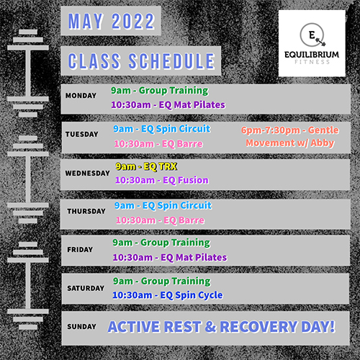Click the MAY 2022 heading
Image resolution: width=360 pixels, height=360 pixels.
pyautogui.click(x=111, y=21)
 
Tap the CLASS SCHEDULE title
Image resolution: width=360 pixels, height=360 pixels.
pyautogui.click(x=141, y=61)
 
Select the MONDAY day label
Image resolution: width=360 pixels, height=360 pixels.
pyautogui.click(x=81, y=96)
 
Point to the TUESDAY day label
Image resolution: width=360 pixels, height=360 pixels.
pyautogui.click(x=82, y=134)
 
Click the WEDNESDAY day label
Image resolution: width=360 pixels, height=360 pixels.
pyautogui.click(x=87, y=173)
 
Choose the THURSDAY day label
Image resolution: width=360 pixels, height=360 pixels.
pyautogui.click(x=86, y=211)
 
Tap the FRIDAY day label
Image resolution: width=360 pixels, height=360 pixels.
pyautogui.click(x=80, y=250)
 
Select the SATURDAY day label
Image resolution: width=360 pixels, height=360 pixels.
pyautogui.click(x=86, y=288)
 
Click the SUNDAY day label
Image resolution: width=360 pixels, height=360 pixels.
pyautogui.click(x=81, y=327)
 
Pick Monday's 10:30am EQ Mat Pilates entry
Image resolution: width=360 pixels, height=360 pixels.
pyautogui.click(x=168, y=105)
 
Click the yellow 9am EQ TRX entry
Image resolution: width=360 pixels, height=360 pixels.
pyautogui.click(x=146, y=166)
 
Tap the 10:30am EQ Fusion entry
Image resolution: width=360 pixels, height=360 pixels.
pyautogui.click(x=162, y=180)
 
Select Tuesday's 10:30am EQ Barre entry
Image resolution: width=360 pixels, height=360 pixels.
pyautogui.click(x=158, y=144)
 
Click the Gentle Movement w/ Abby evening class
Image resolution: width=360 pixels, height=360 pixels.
pyautogui.click(x=290, y=136)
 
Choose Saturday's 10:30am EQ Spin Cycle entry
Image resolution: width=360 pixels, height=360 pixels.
pyautogui.click(x=168, y=295)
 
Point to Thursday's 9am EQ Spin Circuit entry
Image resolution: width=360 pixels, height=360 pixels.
pyautogui.click(x=163, y=206)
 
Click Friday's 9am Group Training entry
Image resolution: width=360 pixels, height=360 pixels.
pyautogui.click(x=161, y=243)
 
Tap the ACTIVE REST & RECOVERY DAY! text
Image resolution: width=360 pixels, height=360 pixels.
pyautogui.click(x=221, y=327)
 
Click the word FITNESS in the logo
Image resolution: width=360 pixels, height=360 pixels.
pyautogui.click(x=312, y=62)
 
